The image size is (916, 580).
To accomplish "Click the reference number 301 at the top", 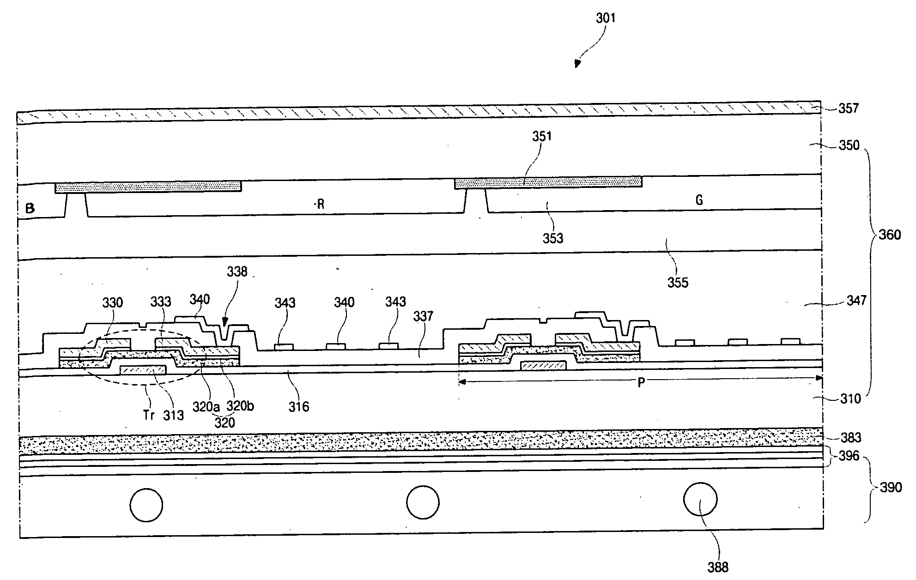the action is tap(606, 18).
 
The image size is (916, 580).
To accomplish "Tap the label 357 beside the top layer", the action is tap(848, 109).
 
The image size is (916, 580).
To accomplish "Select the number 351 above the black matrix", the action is tap(542, 136).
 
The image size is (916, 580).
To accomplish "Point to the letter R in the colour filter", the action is tap(320, 205).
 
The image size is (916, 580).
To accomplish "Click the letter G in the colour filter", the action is tap(699, 200).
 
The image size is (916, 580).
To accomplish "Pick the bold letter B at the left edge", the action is tap(30, 208).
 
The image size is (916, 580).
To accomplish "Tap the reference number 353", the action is tap(553, 238).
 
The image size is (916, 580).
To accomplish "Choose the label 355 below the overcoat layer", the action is tap(678, 283).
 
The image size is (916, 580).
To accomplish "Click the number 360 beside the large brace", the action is tap(889, 235).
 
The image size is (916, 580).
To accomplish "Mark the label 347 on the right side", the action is tap(856, 301).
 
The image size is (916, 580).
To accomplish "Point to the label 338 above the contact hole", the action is tap(237, 272).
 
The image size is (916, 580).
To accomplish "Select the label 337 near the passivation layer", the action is tap(423, 316).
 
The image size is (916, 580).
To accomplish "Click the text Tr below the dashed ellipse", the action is tap(148, 415).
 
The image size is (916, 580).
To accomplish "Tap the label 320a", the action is tap(206, 407).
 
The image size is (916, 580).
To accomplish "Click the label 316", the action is tap(298, 407).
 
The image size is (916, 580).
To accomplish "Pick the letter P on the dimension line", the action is tap(641, 383).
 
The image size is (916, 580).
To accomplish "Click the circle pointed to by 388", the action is tap(700, 499).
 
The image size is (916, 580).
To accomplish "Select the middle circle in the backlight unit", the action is tap(423, 502).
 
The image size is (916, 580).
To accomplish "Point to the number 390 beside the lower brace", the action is tap(891, 488).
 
